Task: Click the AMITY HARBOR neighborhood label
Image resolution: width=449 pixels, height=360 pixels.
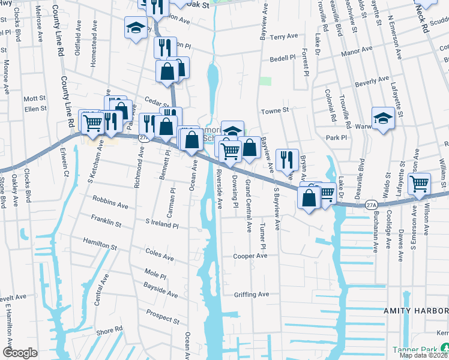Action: [x=416, y=310]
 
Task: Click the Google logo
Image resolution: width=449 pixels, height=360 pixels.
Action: [x=20, y=353]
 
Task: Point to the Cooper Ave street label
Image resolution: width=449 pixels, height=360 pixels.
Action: [x=250, y=256]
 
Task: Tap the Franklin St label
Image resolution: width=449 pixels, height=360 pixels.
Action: [x=106, y=222]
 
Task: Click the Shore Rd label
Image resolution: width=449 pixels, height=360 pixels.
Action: [x=109, y=331]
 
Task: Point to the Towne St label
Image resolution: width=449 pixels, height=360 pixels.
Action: [x=275, y=110]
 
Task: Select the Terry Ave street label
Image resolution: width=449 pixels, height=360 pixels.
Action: [x=284, y=37]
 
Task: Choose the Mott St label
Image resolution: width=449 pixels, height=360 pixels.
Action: [x=35, y=98]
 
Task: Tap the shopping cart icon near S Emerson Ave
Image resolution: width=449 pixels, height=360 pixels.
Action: [x=419, y=183]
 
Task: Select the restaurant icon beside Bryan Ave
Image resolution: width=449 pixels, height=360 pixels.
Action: [x=287, y=159]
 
